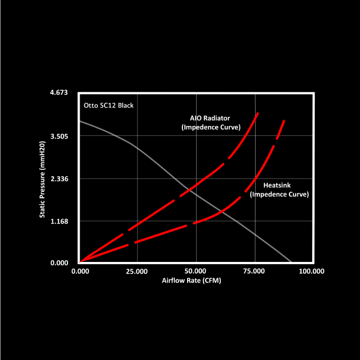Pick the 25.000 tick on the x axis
click(137, 271)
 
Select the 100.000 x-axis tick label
click(311, 271)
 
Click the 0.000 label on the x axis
click(79, 271)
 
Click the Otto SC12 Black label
click(109, 105)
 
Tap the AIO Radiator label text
click(210, 118)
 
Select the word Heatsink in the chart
click(277, 186)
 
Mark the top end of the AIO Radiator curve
click(258, 113)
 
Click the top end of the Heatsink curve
click(285, 121)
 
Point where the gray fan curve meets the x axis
click(291, 262)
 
